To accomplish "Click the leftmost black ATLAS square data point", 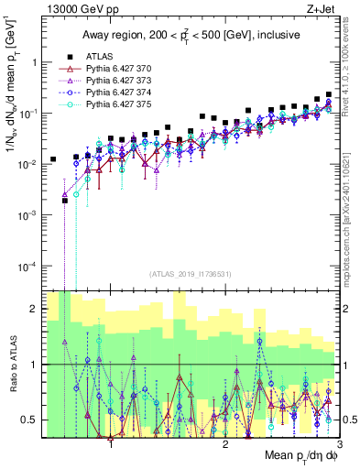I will click(53, 159).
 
